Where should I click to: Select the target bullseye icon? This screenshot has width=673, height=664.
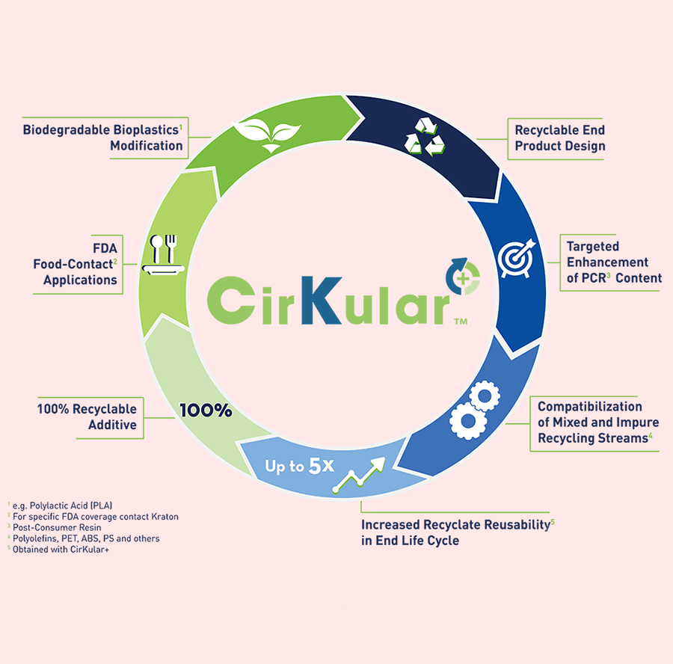[517, 254]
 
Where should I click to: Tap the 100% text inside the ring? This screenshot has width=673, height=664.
[206, 411]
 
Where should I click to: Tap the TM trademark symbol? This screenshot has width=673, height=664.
[461, 322]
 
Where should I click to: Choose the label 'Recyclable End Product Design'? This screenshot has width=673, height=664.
[559, 138]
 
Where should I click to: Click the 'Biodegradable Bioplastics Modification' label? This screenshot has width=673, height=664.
[103, 137]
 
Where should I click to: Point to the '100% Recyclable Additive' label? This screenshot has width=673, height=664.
[87, 417]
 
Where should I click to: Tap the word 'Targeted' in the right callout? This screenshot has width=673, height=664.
[593, 246]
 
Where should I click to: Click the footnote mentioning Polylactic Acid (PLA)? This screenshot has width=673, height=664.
[60, 505]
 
